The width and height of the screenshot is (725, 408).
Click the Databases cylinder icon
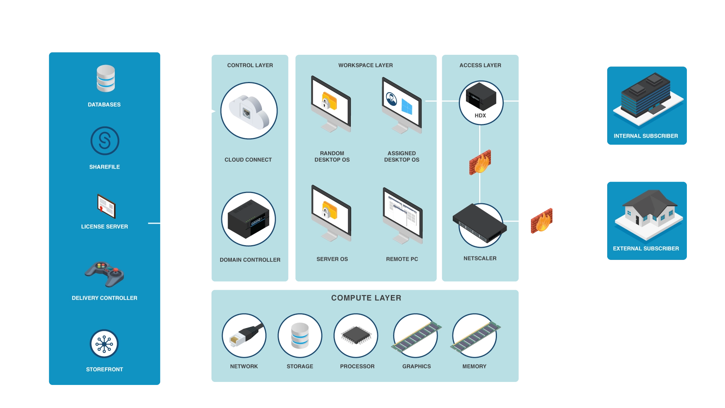click(x=106, y=79)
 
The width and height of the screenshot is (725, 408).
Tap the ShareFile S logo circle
click(x=105, y=141)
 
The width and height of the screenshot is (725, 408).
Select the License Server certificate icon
click(x=106, y=206)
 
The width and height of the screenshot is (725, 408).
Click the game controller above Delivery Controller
click(x=105, y=274)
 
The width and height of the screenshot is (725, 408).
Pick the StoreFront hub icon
click(x=104, y=344)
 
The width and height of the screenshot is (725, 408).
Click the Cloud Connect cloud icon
click(x=249, y=111)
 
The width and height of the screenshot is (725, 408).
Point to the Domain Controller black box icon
click(x=248, y=219)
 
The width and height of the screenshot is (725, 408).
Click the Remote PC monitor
click(x=403, y=215)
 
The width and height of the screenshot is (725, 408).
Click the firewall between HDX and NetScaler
click(x=480, y=162)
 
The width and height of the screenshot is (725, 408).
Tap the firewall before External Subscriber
click(x=541, y=221)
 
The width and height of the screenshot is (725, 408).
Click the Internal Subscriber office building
click(x=647, y=98)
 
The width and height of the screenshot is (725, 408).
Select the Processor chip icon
click(x=356, y=335)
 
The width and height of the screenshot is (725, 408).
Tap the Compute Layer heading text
click(x=366, y=298)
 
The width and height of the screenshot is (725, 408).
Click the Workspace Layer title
click(x=365, y=65)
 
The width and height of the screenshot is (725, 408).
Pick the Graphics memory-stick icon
click(x=416, y=336)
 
